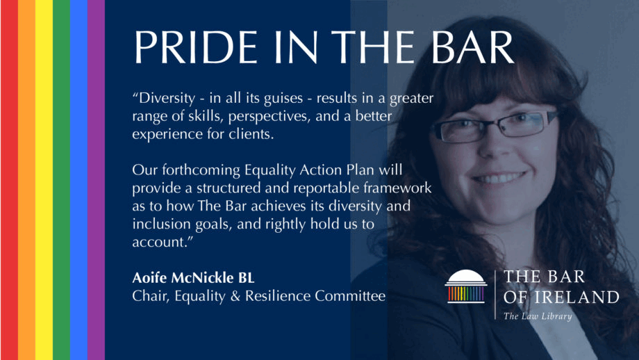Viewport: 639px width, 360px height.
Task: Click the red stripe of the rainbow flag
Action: [x=9, y=180]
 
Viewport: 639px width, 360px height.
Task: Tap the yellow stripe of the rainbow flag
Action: [x=44, y=180]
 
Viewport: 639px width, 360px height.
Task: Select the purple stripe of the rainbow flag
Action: [x=96, y=180]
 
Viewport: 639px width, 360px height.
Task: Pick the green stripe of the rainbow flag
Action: [x=62, y=180]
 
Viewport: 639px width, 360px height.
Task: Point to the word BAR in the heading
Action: [x=472, y=47]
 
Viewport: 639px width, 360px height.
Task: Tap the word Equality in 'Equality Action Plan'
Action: [x=269, y=170]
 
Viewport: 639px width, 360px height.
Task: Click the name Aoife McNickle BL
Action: [x=193, y=277]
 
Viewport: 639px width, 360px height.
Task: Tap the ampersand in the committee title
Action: [x=235, y=296]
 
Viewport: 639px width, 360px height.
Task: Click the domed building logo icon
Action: [x=466, y=286]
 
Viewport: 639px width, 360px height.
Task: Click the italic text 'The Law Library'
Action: [x=538, y=316]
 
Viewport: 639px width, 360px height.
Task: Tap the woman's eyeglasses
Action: [x=495, y=126]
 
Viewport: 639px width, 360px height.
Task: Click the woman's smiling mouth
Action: [x=499, y=178]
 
